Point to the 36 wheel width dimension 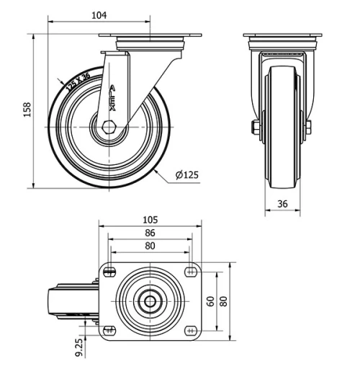coord(282,204)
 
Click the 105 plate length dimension coord(150,219)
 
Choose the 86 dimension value coord(150,233)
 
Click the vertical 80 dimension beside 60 coord(223,300)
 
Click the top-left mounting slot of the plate coord(109,272)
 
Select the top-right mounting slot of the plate coord(191,272)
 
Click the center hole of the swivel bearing coord(150,300)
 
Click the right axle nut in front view coord(308,128)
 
